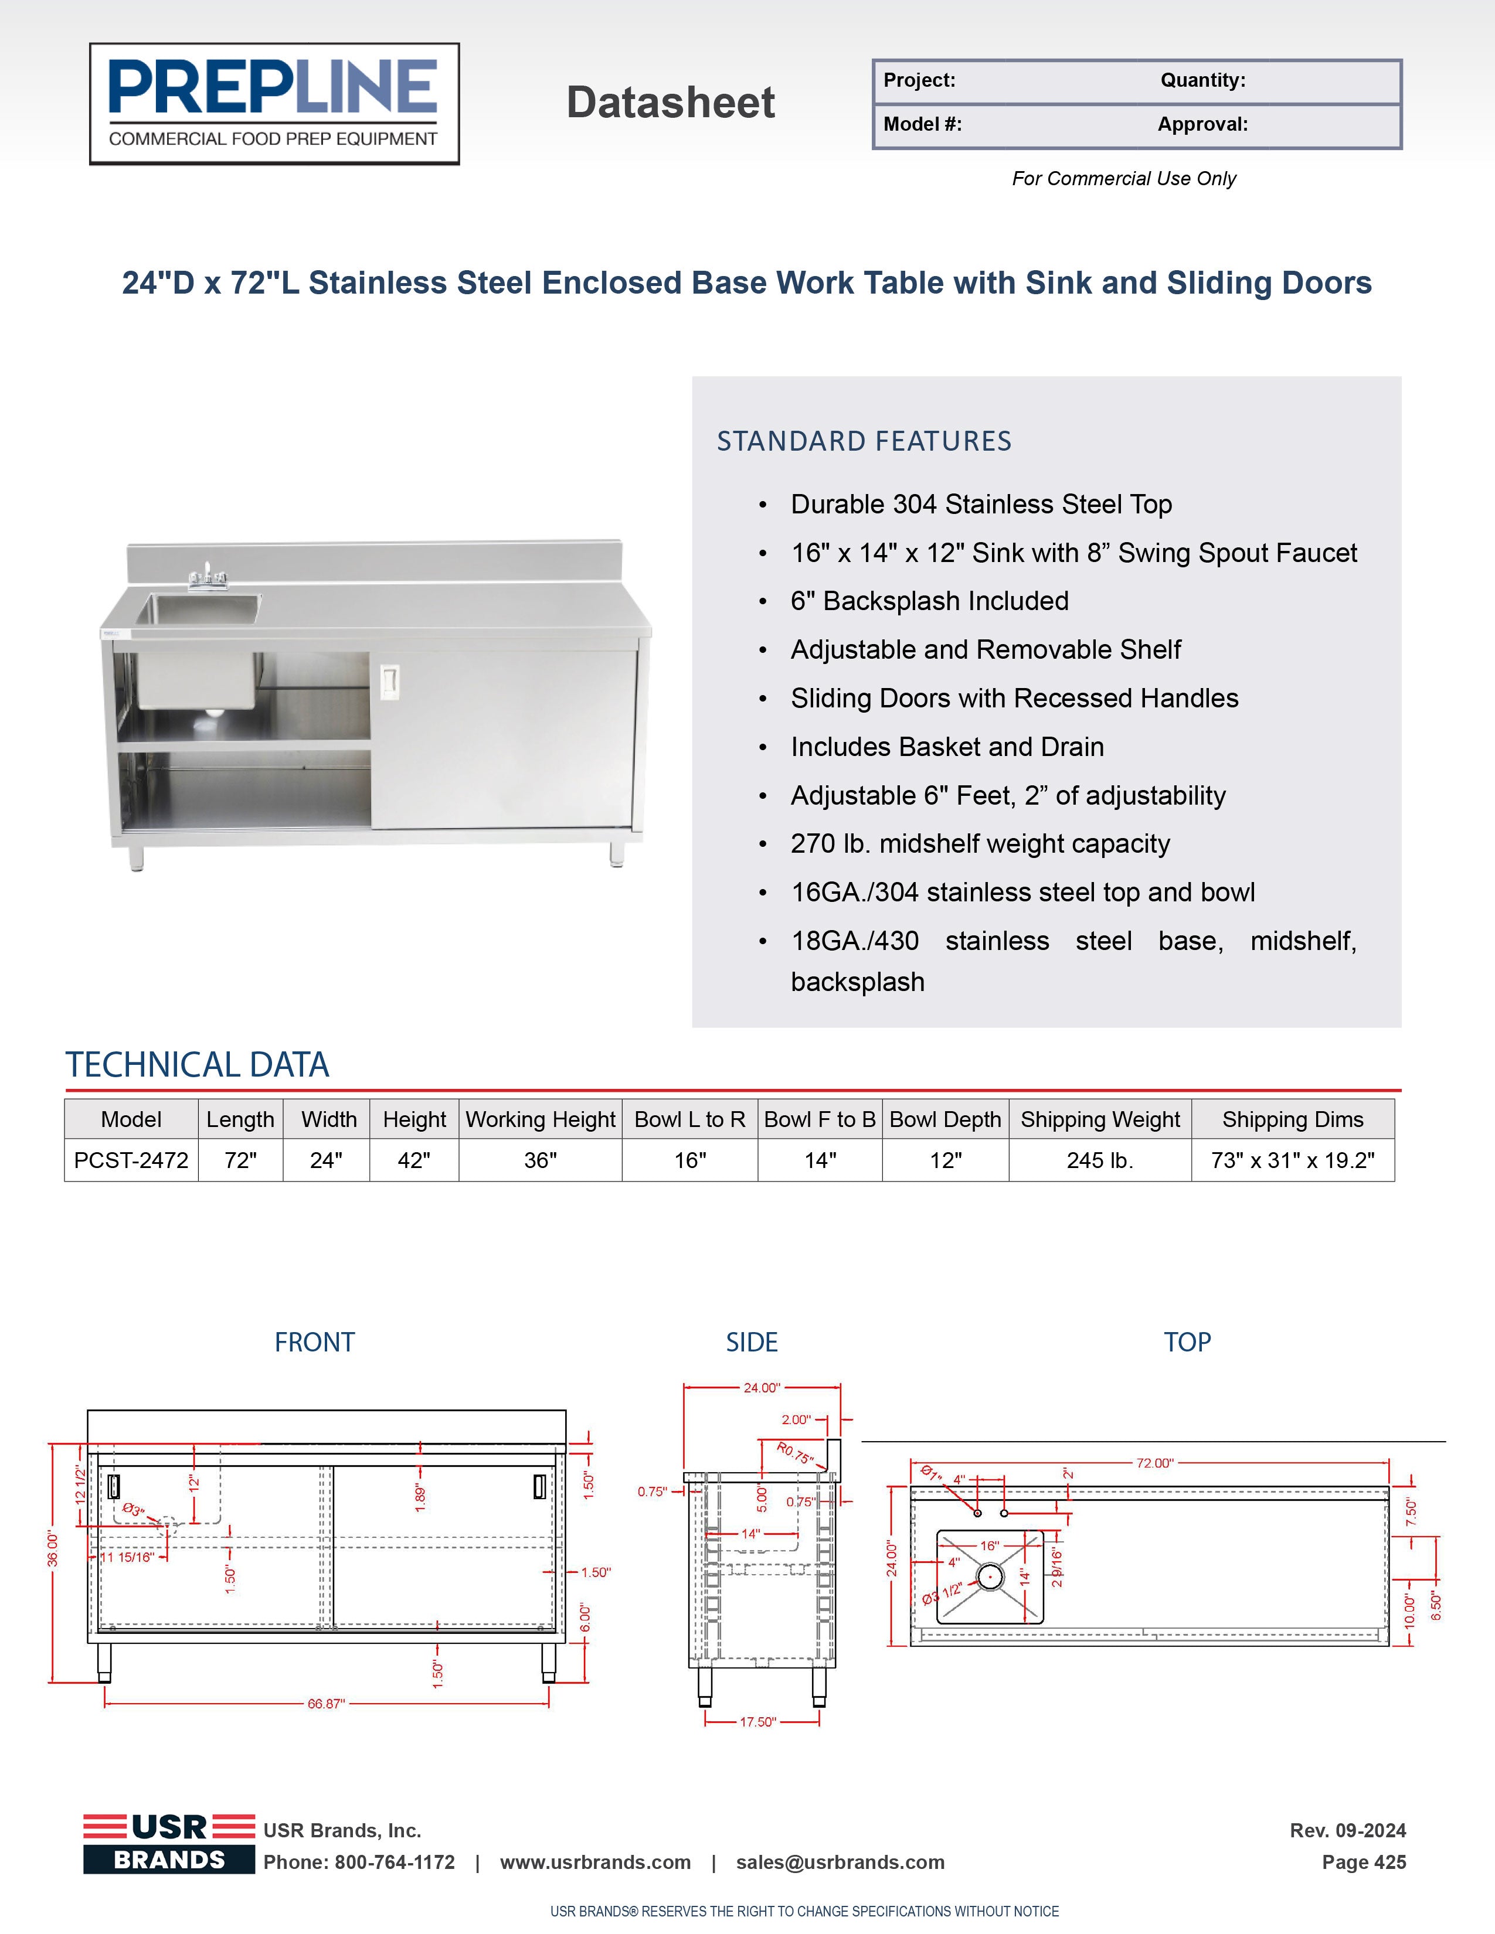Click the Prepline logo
coord(274,104)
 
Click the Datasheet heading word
coord(671,103)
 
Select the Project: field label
coord(919,81)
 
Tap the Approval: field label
coord(1202,124)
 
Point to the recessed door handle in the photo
coord(389,680)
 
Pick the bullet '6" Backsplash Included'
coord(929,601)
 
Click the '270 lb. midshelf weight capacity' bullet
coord(980,844)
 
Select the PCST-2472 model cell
coord(131,1160)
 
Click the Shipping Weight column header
coord(1100,1119)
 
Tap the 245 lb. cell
coord(1100,1160)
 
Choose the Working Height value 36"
coord(541,1160)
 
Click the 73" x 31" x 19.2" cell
coord(1292,1160)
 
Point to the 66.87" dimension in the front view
coord(326,1704)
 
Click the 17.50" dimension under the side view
coord(757,1721)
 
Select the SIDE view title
coord(751,1343)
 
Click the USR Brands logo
coord(169,1844)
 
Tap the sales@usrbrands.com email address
coord(840,1863)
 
